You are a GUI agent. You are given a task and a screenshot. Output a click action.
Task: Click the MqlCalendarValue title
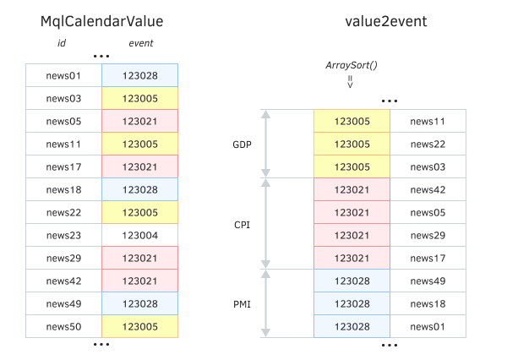(x=101, y=20)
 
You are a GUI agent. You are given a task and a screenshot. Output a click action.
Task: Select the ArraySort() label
(x=350, y=65)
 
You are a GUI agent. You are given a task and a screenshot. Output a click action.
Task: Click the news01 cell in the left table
(x=63, y=75)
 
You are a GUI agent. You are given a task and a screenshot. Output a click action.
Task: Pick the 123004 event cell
(x=139, y=235)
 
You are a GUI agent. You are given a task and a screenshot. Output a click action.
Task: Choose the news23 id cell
(x=63, y=235)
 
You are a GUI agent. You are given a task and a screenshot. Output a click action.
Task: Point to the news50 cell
(x=63, y=326)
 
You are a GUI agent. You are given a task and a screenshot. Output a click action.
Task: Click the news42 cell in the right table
(x=428, y=189)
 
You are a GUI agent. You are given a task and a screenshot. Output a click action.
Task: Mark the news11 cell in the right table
(x=428, y=121)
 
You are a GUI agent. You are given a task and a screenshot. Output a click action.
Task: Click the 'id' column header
(x=61, y=43)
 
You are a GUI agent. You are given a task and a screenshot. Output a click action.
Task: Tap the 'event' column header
(x=140, y=43)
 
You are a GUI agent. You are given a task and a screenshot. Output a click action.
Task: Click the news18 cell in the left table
(x=63, y=189)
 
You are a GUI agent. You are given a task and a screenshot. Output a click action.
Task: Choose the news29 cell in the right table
(x=428, y=235)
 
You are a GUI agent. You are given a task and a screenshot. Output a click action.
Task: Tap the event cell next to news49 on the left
(x=139, y=303)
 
